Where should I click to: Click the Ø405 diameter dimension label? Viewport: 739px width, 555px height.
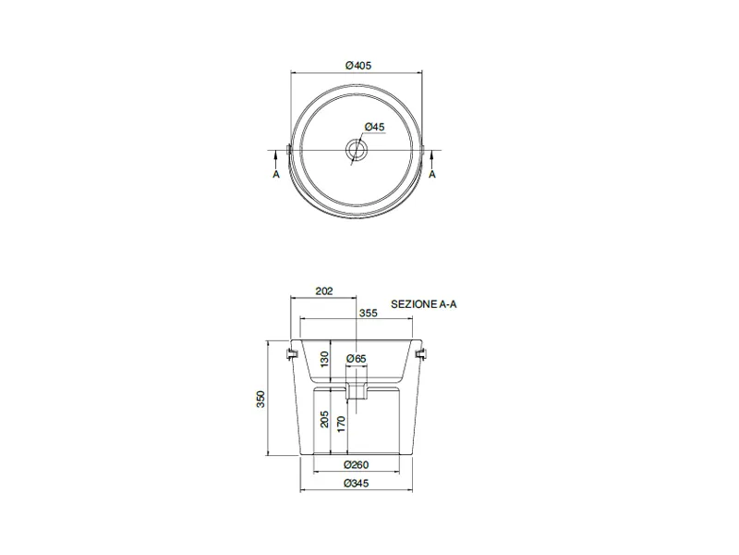coord(358,66)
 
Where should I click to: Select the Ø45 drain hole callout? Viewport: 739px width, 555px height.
coord(375,127)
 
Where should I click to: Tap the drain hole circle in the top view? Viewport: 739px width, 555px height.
coord(357,150)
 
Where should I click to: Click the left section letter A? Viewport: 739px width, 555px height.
coord(276,175)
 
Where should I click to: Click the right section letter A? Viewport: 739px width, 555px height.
coord(432,175)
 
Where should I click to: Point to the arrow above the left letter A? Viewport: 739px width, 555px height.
coord(276,160)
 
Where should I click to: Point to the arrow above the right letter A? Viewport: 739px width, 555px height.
coord(432,160)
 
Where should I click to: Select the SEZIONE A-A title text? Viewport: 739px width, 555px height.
coord(424,304)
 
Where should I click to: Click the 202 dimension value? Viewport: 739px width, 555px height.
coord(324,291)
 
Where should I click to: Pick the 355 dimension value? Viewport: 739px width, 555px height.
coord(368,313)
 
